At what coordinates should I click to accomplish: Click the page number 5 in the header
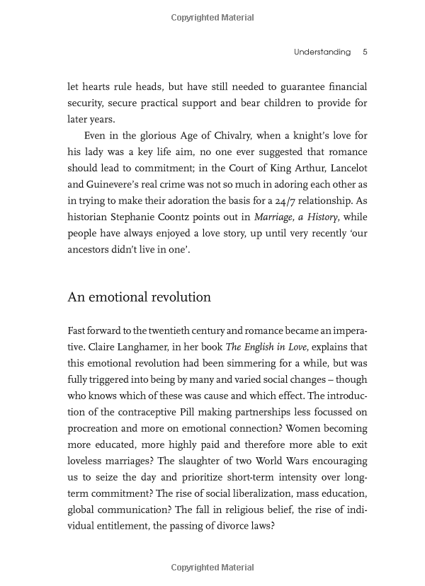(x=364, y=52)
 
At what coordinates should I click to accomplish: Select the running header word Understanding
(x=322, y=52)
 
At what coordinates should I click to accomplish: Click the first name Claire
(x=102, y=347)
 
